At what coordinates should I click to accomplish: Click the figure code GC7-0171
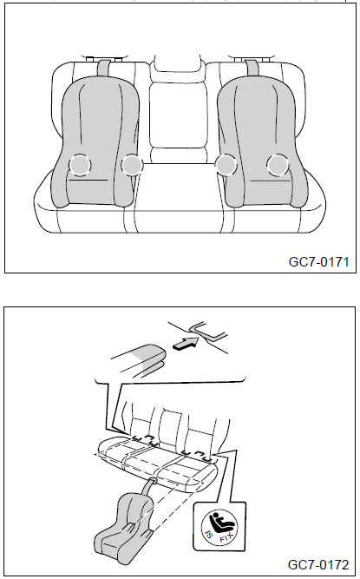coord(318,262)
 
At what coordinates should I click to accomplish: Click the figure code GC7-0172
coord(318,564)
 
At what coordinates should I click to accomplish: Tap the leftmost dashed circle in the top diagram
coord(80,165)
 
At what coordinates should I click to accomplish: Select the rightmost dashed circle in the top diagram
coord(278,165)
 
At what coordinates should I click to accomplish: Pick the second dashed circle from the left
coord(132,165)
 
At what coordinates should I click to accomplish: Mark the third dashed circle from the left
coord(226,165)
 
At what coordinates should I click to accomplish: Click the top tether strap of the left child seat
coord(105,67)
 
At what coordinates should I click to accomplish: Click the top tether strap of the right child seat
coord(252,67)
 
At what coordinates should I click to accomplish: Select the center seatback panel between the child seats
coord(178,115)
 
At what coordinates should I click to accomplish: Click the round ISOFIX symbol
coord(219,527)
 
